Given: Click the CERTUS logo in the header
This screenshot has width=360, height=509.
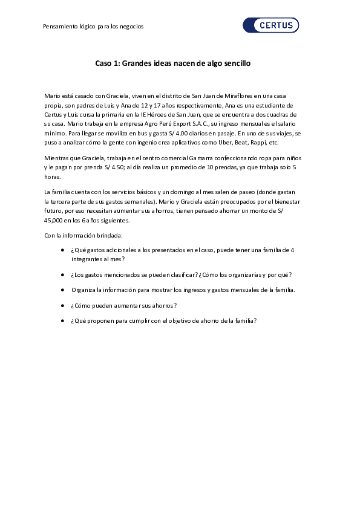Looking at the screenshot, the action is [270, 25].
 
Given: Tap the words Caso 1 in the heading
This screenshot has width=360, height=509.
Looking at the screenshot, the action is [107, 63].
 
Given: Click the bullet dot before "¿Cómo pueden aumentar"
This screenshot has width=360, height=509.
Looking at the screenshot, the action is [63, 305].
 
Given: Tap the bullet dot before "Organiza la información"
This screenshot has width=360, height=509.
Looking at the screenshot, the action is [63, 290].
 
